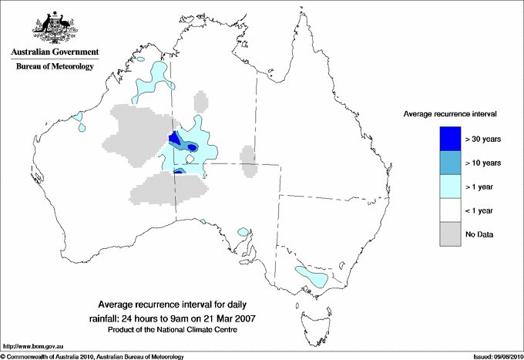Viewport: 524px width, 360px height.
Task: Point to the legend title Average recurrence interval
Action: [450, 113]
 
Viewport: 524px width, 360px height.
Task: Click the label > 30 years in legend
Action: [484, 140]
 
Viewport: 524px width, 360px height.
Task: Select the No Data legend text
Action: [480, 234]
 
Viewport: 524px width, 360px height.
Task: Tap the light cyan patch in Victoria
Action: [313, 274]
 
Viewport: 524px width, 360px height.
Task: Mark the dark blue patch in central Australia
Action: [174, 138]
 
